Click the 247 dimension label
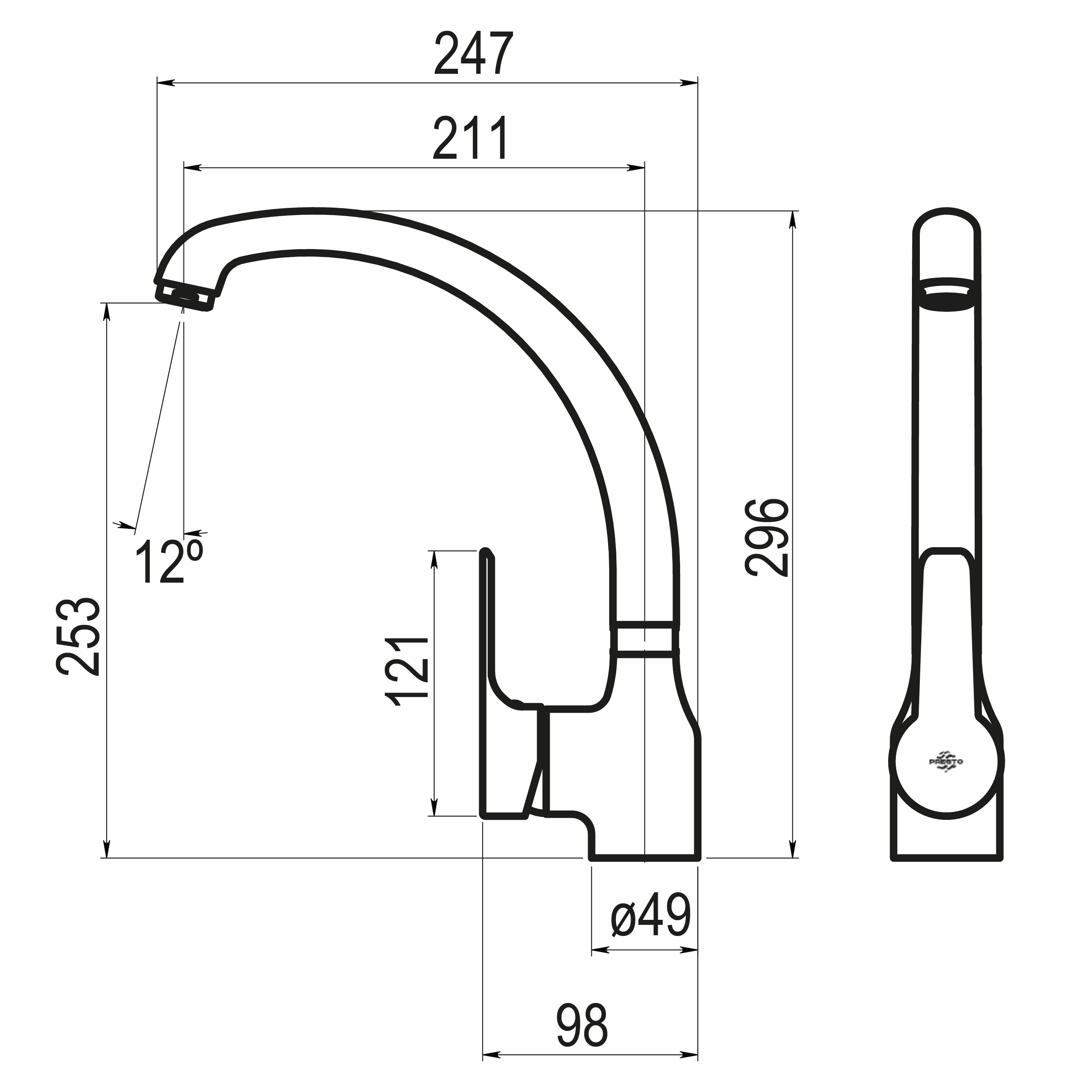point(473,54)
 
